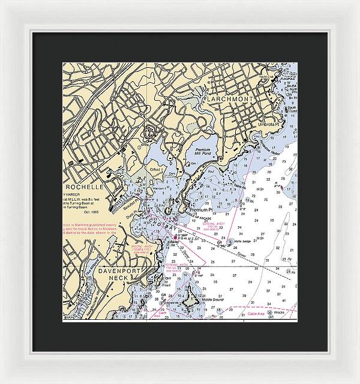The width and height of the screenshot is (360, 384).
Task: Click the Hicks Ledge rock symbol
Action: (x=230, y=241)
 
